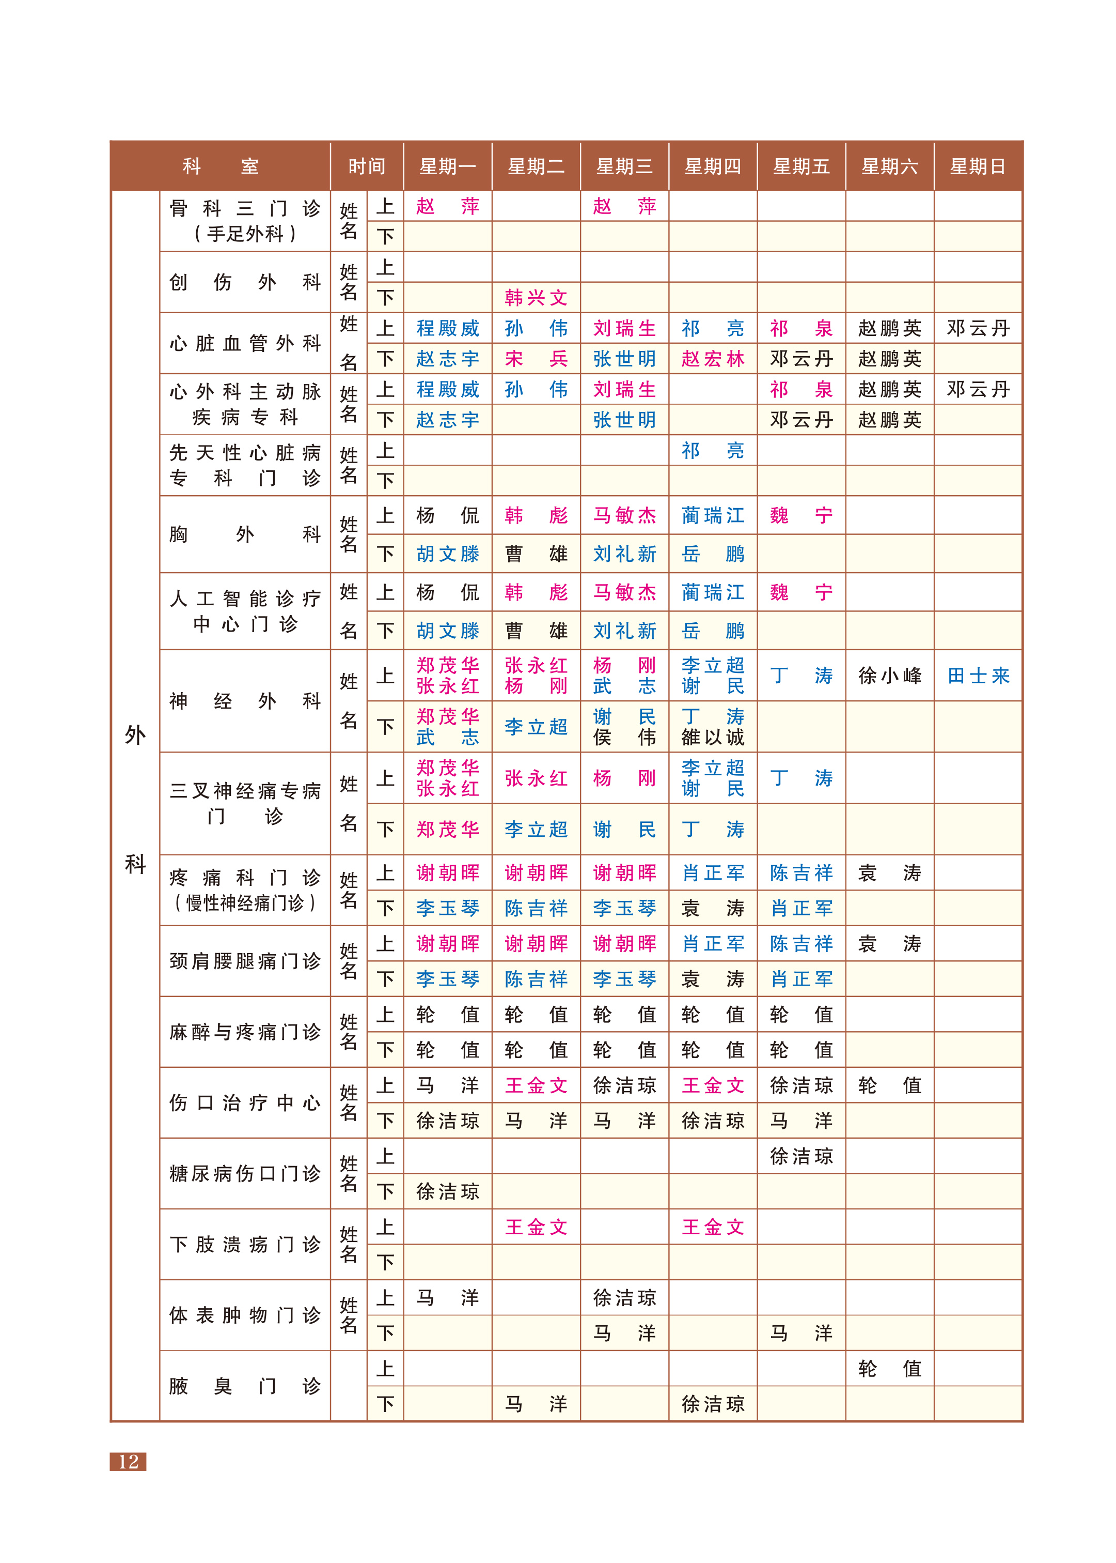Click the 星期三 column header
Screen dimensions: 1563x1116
pyautogui.click(x=624, y=166)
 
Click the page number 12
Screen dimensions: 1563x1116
pyautogui.click(x=129, y=1461)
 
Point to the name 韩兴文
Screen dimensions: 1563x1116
pyautogui.click(x=536, y=298)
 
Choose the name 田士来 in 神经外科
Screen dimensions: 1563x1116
pyautogui.click(x=978, y=676)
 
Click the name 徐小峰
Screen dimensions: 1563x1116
pyautogui.click(x=889, y=676)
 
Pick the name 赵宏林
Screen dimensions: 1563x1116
pyautogui.click(x=713, y=359)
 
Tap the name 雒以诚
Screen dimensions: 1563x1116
pyautogui.click(x=713, y=737)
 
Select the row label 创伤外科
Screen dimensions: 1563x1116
pyautogui.click(x=245, y=282)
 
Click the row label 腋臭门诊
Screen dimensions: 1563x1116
pyautogui.click(x=245, y=1386)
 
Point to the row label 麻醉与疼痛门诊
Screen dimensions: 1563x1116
pyautogui.click(x=245, y=1032)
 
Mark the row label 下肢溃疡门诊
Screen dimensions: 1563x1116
pyautogui.click(x=245, y=1244)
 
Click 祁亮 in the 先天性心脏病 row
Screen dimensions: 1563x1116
pyautogui.click(x=713, y=450)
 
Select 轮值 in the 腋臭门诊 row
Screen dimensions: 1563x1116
pyautogui.click(x=889, y=1368)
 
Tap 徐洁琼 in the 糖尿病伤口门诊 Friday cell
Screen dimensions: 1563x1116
pyautogui.click(x=801, y=1156)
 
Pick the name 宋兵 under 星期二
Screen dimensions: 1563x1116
pyautogui.click(x=536, y=359)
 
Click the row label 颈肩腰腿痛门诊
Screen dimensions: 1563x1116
pyautogui.click(x=245, y=961)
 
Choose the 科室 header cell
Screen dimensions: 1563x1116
pyautogui.click(x=220, y=166)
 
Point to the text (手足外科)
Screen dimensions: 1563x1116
pyautogui.click(x=245, y=234)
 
